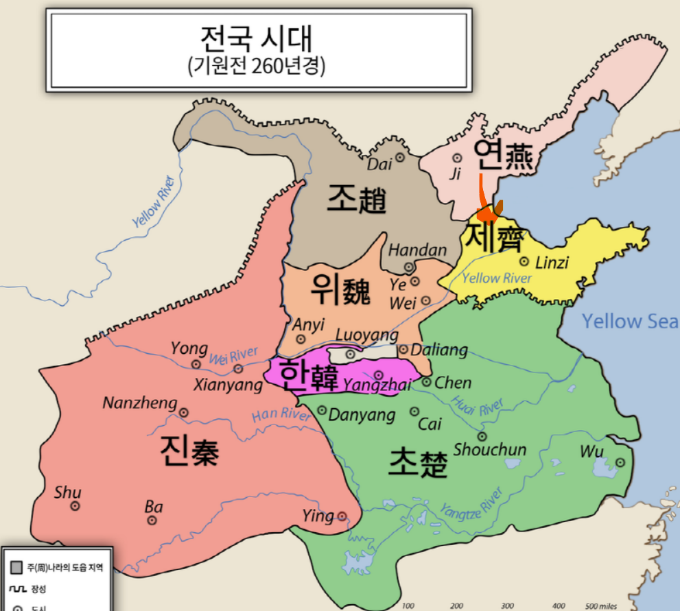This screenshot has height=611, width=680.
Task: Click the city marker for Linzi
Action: pyautogui.click(x=524, y=261)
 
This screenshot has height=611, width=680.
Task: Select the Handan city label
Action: pyautogui.click(x=417, y=250)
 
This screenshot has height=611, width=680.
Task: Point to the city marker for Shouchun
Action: pyautogui.click(x=482, y=436)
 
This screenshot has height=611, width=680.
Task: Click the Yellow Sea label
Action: pyautogui.click(x=630, y=321)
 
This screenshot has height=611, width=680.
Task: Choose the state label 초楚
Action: pyautogui.click(x=418, y=463)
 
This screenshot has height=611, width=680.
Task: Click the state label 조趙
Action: pyautogui.click(x=356, y=199)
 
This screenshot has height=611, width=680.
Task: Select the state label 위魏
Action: pyautogui.click(x=340, y=290)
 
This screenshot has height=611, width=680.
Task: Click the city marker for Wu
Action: pyautogui.click(x=620, y=463)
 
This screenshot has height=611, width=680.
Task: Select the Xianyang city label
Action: pyautogui.click(x=228, y=385)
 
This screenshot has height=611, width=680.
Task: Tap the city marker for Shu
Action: pyautogui.click(x=75, y=506)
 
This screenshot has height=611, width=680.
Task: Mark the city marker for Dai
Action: pyautogui.click(x=400, y=157)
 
